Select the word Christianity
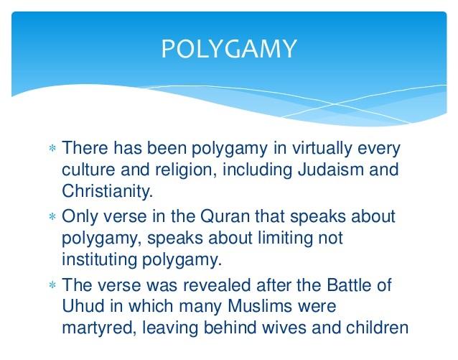[102, 191]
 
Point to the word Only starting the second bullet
[80, 218]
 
